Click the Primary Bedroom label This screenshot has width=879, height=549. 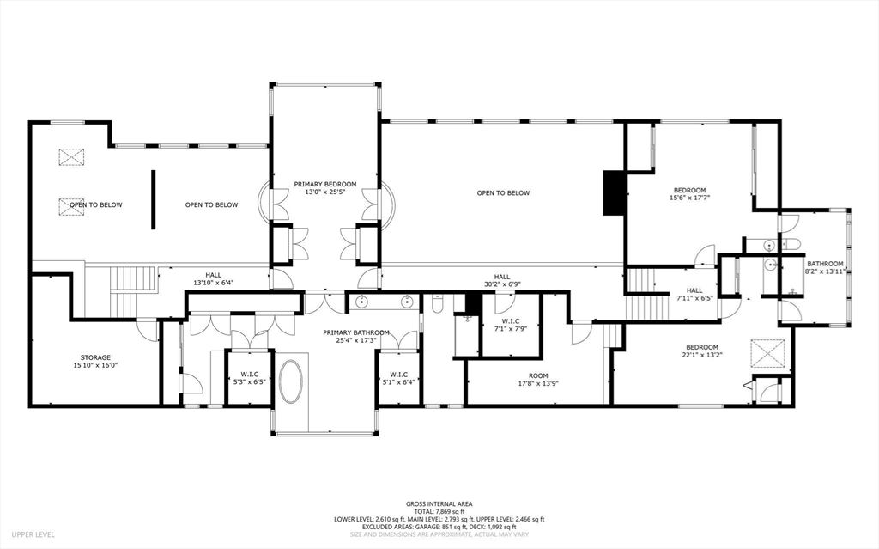coord(325,188)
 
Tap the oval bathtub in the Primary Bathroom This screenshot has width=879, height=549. coord(291,381)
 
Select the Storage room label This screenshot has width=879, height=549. coord(95,361)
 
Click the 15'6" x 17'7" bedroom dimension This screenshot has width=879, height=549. coord(689,198)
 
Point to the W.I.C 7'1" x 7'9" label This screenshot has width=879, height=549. coord(511,325)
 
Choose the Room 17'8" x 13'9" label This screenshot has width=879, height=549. coord(538,380)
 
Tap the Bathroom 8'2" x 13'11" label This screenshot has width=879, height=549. coord(825,267)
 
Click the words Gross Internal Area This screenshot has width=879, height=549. coord(439,504)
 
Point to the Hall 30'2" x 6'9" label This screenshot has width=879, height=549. coord(502,280)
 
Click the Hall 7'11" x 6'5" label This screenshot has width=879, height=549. coord(694,294)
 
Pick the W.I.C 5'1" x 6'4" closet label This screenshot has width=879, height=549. coord(398,378)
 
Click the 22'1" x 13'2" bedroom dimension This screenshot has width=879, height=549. coord(700,354)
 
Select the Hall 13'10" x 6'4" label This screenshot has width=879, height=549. coord(213,278)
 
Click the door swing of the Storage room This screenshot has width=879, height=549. coord(148,329)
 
